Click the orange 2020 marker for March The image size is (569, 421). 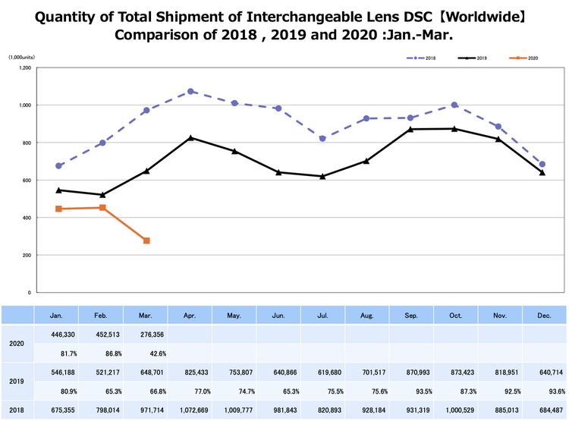(x=146, y=240)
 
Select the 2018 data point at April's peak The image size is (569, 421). (x=190, y=91)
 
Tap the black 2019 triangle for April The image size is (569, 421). (x=190, y=138)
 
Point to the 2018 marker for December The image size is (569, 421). (x=542, y=165)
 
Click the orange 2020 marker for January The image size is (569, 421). (x=58, y=209)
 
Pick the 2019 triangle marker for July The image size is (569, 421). (x=322, y=176)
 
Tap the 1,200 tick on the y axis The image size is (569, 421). (x=24, y=68)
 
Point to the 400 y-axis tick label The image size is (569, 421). (x=26, y=218)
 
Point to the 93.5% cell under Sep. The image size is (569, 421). (x=410, y=391)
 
